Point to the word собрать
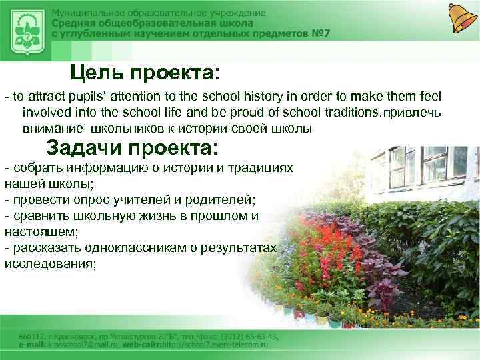tap(35, 168)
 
